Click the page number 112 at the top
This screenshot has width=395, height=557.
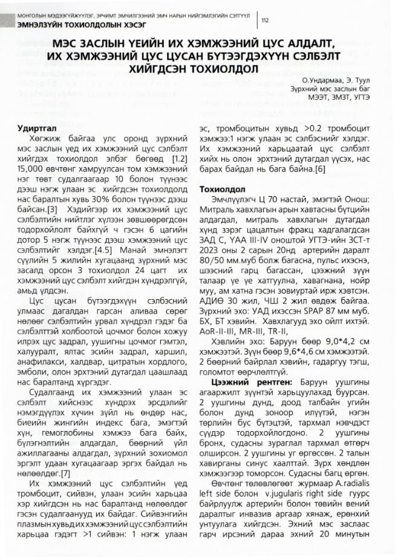tap(265, 20)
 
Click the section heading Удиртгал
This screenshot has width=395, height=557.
tap(35, 128)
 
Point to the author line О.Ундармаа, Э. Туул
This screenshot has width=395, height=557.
tap(339, 80)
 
